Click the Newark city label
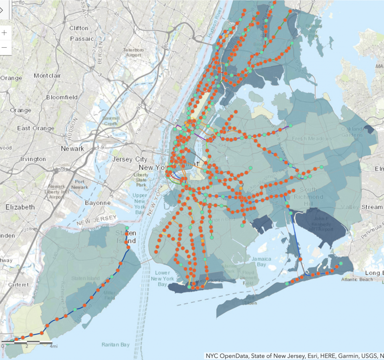pyautogui.click(x=73, y=148)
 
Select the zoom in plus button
pyautogui.click(x=4, y=33)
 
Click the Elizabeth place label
pyautogui.click(x=20, y=207)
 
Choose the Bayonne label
pyautogui.click(x=97, y=203)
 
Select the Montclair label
pyautogui.click(x=47, y=75)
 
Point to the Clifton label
pyautogui.click(x=79, y=28)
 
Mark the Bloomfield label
pyautogui.click(x=62, y=97)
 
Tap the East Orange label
pyautogui.click(x=36, y=128)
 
